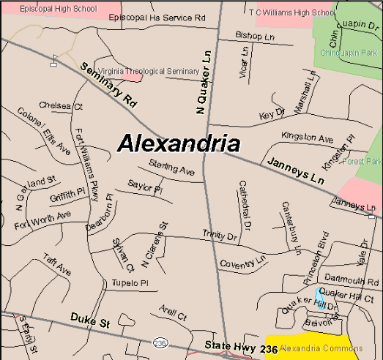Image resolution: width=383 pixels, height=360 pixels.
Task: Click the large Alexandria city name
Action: [x=178, y=142]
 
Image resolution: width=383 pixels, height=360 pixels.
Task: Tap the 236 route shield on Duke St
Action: [x=160, y=342]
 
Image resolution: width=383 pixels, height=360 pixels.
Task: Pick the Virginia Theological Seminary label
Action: [x=144, y=72]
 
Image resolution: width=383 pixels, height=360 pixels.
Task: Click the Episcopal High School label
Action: [x=49, y=9]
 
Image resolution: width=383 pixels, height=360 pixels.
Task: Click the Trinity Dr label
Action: [x=220, y=236]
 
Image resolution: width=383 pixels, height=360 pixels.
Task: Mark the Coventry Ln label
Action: [x=242, y=261]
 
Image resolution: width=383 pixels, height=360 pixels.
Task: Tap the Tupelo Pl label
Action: [x=130, y=282]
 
